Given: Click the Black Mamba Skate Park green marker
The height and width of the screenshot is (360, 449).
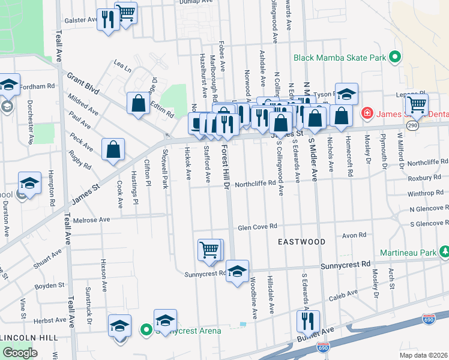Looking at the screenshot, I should coord(395,58).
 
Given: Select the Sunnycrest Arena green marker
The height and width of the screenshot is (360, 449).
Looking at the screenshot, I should coord(145,329).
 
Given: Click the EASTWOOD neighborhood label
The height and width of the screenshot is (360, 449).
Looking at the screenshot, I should coord(301,242).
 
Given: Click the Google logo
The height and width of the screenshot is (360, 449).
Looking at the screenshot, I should coord(19,353).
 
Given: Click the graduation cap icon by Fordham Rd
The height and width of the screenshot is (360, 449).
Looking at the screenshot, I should coord(8,85).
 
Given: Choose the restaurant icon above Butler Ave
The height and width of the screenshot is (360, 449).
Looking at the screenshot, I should coord(308,322).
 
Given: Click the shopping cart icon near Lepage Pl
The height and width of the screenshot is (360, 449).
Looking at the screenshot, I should coord(416,104).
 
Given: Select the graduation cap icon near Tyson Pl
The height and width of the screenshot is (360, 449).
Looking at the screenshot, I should coord(346,94).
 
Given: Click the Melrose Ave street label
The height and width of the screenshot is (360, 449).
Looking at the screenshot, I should coord(92,220).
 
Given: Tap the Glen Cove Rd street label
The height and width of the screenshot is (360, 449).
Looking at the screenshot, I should coord(257,227).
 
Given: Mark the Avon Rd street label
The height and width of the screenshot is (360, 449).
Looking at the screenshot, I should coord(354,235).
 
